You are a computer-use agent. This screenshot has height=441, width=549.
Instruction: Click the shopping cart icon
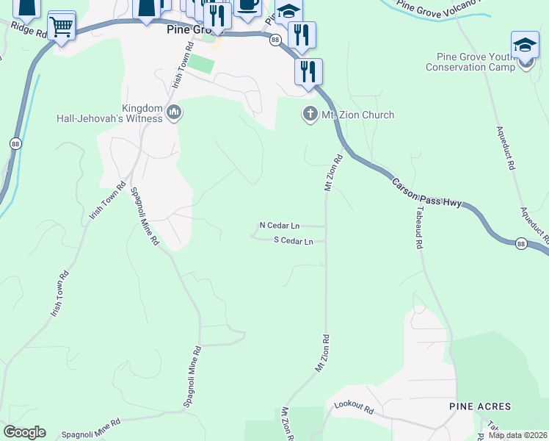point(62,27)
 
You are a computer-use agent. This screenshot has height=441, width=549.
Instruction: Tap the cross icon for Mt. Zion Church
point(309,115)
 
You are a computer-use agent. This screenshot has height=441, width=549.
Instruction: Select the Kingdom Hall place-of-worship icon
point(174,112)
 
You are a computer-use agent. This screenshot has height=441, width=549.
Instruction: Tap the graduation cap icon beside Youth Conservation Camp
point(525,46)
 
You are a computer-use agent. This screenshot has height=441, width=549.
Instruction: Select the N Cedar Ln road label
point(280,226)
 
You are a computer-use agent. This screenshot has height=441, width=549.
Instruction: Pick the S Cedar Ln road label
point(294,241)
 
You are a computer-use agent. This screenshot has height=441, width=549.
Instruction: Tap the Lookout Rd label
point(354,406)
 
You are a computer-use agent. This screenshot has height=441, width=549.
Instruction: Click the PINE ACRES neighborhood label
point(480,406)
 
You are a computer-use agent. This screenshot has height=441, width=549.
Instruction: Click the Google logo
point(24,432)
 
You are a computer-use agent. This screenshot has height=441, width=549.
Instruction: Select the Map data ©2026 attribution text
point(517,435)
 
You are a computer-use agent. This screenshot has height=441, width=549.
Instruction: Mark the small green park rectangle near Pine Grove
point(203,64)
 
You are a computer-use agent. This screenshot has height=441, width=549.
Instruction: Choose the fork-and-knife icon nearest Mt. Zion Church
point(308,71)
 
